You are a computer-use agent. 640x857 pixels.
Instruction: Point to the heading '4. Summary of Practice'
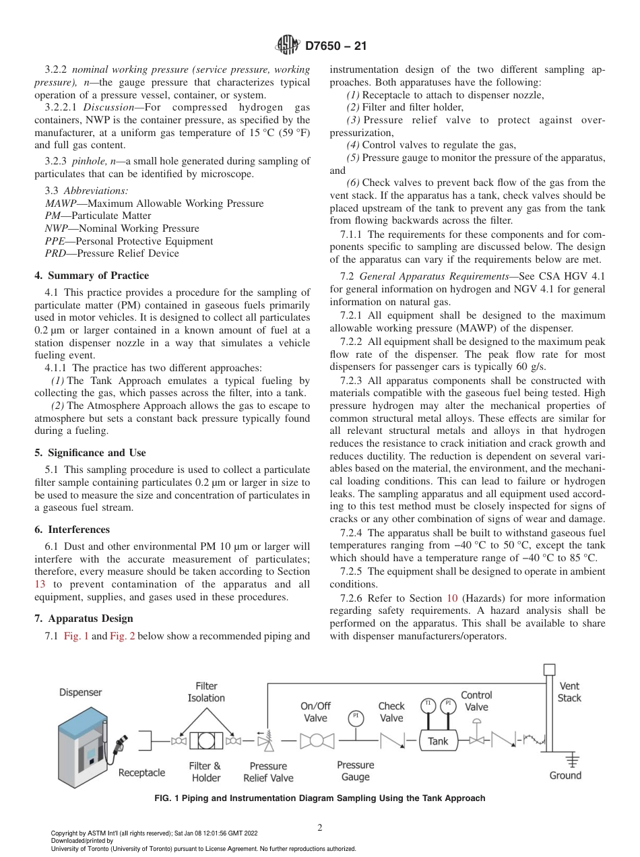pos(92,276)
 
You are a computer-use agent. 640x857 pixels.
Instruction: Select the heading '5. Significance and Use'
pos(90,453)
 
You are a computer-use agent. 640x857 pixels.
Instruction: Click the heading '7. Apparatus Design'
pos(84,618)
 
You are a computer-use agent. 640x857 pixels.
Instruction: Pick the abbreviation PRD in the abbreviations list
pos(55,253)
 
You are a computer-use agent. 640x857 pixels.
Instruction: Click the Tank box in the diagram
pos(438,741)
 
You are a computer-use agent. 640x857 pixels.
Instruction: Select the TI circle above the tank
pos(427,704)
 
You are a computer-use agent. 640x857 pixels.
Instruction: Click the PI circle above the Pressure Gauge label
pos(356,716)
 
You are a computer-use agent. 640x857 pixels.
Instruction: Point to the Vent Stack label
pos(569,692)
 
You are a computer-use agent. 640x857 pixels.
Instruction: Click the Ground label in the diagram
pos(565,775)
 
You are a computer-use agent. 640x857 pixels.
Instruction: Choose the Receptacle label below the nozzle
pos(141,773)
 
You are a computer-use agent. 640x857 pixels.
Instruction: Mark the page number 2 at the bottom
pos(319,828)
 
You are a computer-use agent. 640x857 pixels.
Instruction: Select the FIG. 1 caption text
pos(319,798)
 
